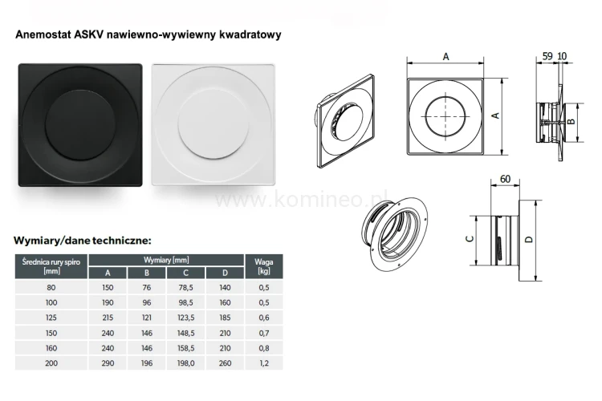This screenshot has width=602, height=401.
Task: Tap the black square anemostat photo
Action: click(80, 124)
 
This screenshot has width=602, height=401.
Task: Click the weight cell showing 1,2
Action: click(262, 363)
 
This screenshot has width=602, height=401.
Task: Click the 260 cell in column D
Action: click(225, 363)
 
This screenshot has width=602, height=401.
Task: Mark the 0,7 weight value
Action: click(262, 333)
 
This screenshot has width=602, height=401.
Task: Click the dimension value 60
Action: click(506, 178)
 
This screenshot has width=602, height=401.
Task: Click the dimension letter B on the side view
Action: click(570, 121)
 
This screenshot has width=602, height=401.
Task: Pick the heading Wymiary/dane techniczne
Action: click(83, 239)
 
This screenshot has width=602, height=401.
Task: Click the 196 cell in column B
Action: click(145, 363)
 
